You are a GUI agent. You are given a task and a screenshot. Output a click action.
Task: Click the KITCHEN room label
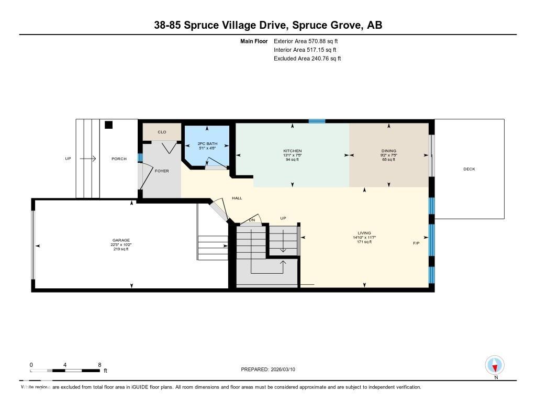(x=292, y=151)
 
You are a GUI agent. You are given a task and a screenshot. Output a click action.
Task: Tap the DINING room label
(x=388, y=151)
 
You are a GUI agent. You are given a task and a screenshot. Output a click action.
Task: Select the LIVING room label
(x=364, y=233)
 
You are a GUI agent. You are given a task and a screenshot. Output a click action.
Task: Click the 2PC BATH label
(x=207, y=143)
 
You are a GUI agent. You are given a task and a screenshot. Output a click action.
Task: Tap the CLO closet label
(x=162, y=132)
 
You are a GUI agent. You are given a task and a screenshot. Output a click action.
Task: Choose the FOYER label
(x=162, y=171)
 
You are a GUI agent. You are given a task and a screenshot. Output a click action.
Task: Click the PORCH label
(x=119, y=159)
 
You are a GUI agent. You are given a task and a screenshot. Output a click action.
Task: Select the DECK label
(x=469, y=169)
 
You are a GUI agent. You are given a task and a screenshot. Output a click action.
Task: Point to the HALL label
(x=237, y=198)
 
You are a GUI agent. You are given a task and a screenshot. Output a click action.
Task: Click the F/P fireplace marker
(x=416, y=243)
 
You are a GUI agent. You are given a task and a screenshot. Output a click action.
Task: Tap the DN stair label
(x=252, y=220)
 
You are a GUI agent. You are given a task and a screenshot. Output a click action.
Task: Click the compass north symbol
(x=495, y=365)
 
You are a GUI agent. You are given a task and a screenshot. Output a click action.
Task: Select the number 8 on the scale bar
(x=99, y=364)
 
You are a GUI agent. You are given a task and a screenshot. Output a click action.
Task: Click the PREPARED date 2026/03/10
(x=271, y=369)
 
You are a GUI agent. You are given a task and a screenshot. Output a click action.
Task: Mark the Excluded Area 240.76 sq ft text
(x=307, y=59)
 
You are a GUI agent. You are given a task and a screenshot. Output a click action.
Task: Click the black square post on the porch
(x=108, y=125)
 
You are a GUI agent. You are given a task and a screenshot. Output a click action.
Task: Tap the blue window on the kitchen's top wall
(x=317, y=121)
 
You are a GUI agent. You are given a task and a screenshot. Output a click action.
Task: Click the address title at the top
(x=268, y=25)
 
